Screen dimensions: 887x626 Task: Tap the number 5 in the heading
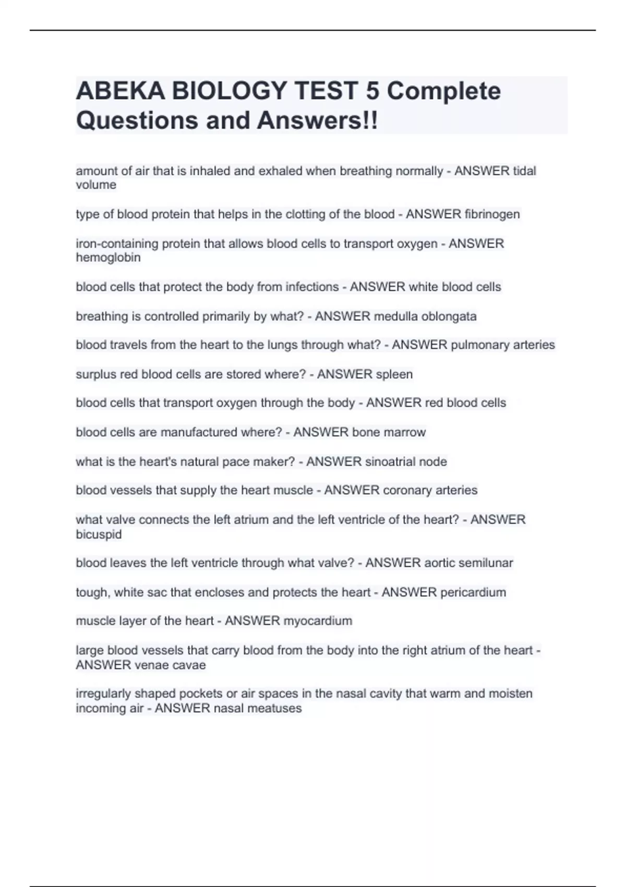tap(372, 91)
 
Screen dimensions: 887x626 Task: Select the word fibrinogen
tap(492, 214)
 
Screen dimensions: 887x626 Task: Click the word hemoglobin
tap(108, 258)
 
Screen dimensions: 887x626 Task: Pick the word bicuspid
tap(99, 534)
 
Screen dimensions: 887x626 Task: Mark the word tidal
tap(524, 171)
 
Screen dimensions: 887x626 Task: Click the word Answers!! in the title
tap(317, 121)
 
